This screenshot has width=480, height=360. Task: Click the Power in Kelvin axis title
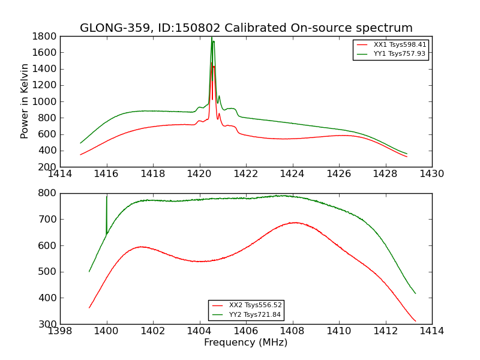click(25, 101)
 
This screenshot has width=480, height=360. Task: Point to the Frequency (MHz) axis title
click(246, 343)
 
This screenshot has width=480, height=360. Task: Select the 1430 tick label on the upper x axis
click(431, 174)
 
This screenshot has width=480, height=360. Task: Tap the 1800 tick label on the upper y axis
click(46, 36)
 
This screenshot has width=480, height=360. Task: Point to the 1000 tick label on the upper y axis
click(46, 101)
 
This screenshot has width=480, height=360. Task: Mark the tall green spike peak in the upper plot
click(212, 38)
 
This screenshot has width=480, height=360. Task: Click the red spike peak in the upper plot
click(212, 63)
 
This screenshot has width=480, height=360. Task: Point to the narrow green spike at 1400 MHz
click(107, 196)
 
